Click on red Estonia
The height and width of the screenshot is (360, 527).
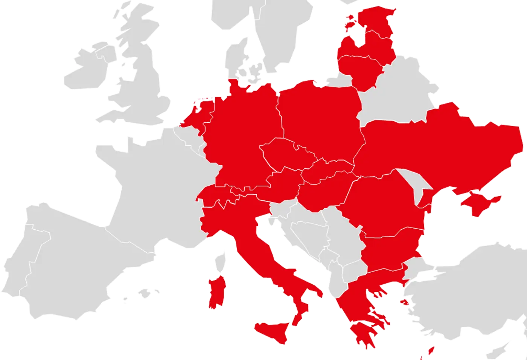(x=376, y=19)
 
